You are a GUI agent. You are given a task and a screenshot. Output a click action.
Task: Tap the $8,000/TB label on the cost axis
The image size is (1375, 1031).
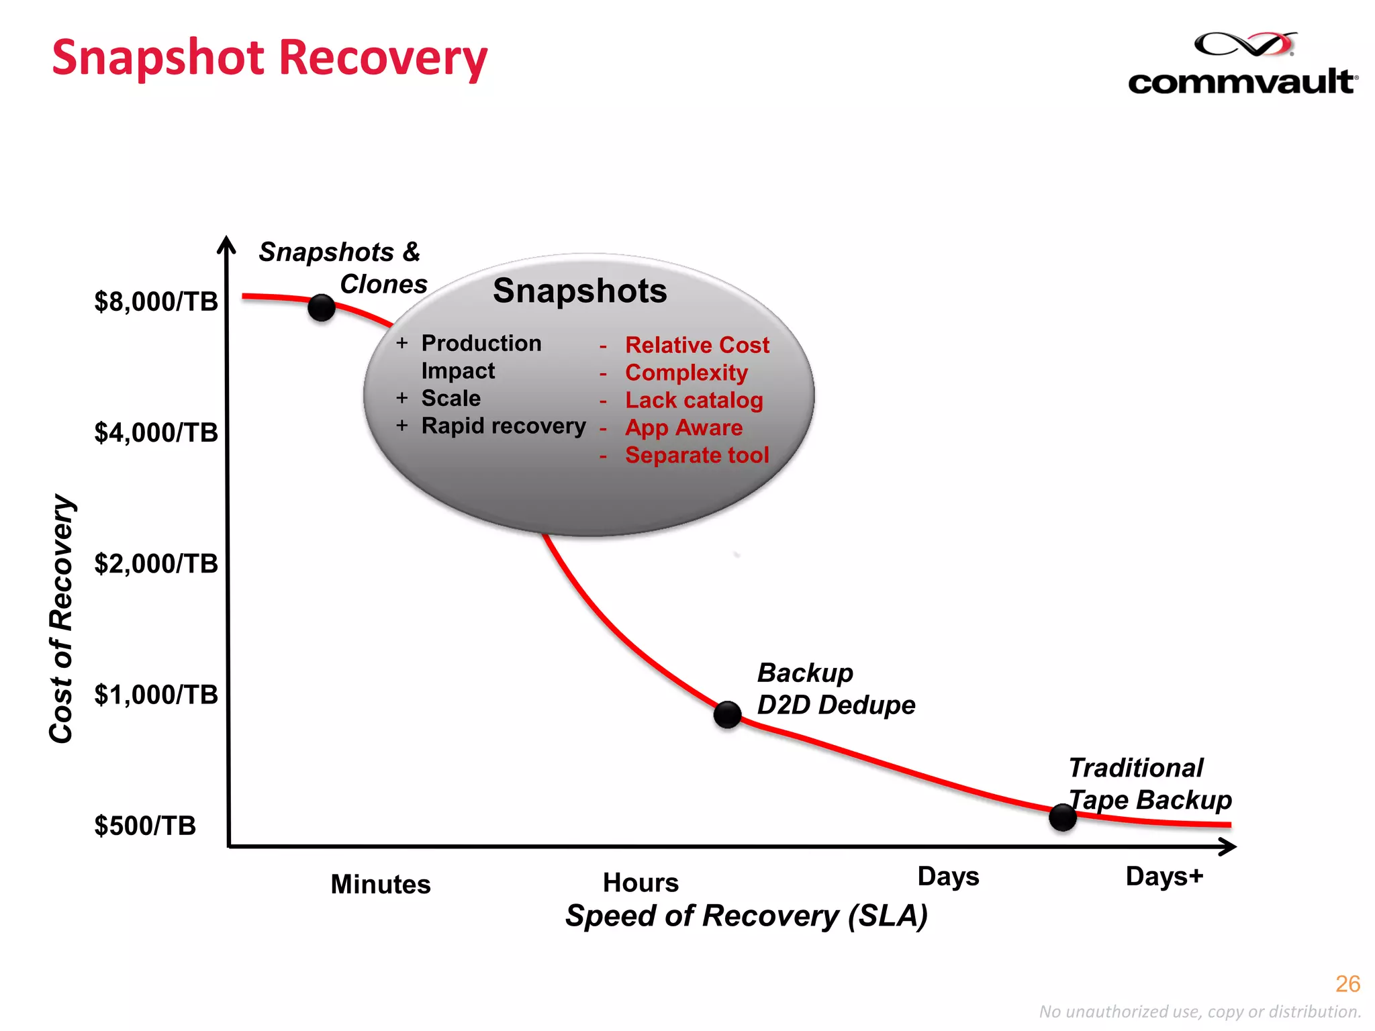[x=156, y=302]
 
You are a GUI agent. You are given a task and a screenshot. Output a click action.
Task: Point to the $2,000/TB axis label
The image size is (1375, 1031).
[x=156, y=564]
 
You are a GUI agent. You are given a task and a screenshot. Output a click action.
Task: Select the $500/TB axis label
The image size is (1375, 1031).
[x=145, y=826]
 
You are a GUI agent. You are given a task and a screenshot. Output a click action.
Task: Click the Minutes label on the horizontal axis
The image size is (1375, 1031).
[x=381, y=884]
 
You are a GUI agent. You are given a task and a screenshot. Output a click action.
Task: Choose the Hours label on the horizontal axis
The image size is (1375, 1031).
[x=641, y=883]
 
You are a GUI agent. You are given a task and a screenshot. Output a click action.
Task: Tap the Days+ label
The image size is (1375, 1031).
[x=1164, y=877]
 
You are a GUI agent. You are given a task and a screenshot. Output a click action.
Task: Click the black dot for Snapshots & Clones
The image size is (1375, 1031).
[x=322, y=307]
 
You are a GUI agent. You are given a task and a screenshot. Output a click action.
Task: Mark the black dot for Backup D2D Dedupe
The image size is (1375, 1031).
[x=727, y=715]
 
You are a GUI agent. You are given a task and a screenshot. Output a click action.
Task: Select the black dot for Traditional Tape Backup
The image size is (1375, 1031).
[x=1062, y=817]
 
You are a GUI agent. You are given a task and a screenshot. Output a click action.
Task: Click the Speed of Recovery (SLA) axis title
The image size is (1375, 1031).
[x=746, y=916]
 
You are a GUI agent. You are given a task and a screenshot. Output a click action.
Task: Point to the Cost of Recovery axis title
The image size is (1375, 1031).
[x=62, y=618]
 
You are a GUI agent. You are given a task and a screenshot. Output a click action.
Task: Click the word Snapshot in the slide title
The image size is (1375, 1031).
[x=158, y=58]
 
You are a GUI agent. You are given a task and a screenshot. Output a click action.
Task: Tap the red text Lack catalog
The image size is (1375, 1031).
[x=694, y=400]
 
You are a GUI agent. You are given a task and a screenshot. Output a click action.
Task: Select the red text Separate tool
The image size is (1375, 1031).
[x=697, y=455]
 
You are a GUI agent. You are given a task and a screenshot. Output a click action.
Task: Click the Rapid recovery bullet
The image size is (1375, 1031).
[x=504, y=426]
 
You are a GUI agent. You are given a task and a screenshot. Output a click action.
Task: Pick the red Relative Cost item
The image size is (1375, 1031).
[x=697, y=345]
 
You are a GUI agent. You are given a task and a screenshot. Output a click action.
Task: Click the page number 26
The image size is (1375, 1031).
[x=1347, y=984]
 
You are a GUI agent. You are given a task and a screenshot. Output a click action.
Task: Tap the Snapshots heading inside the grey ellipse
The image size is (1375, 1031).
[x=580, y=291]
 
